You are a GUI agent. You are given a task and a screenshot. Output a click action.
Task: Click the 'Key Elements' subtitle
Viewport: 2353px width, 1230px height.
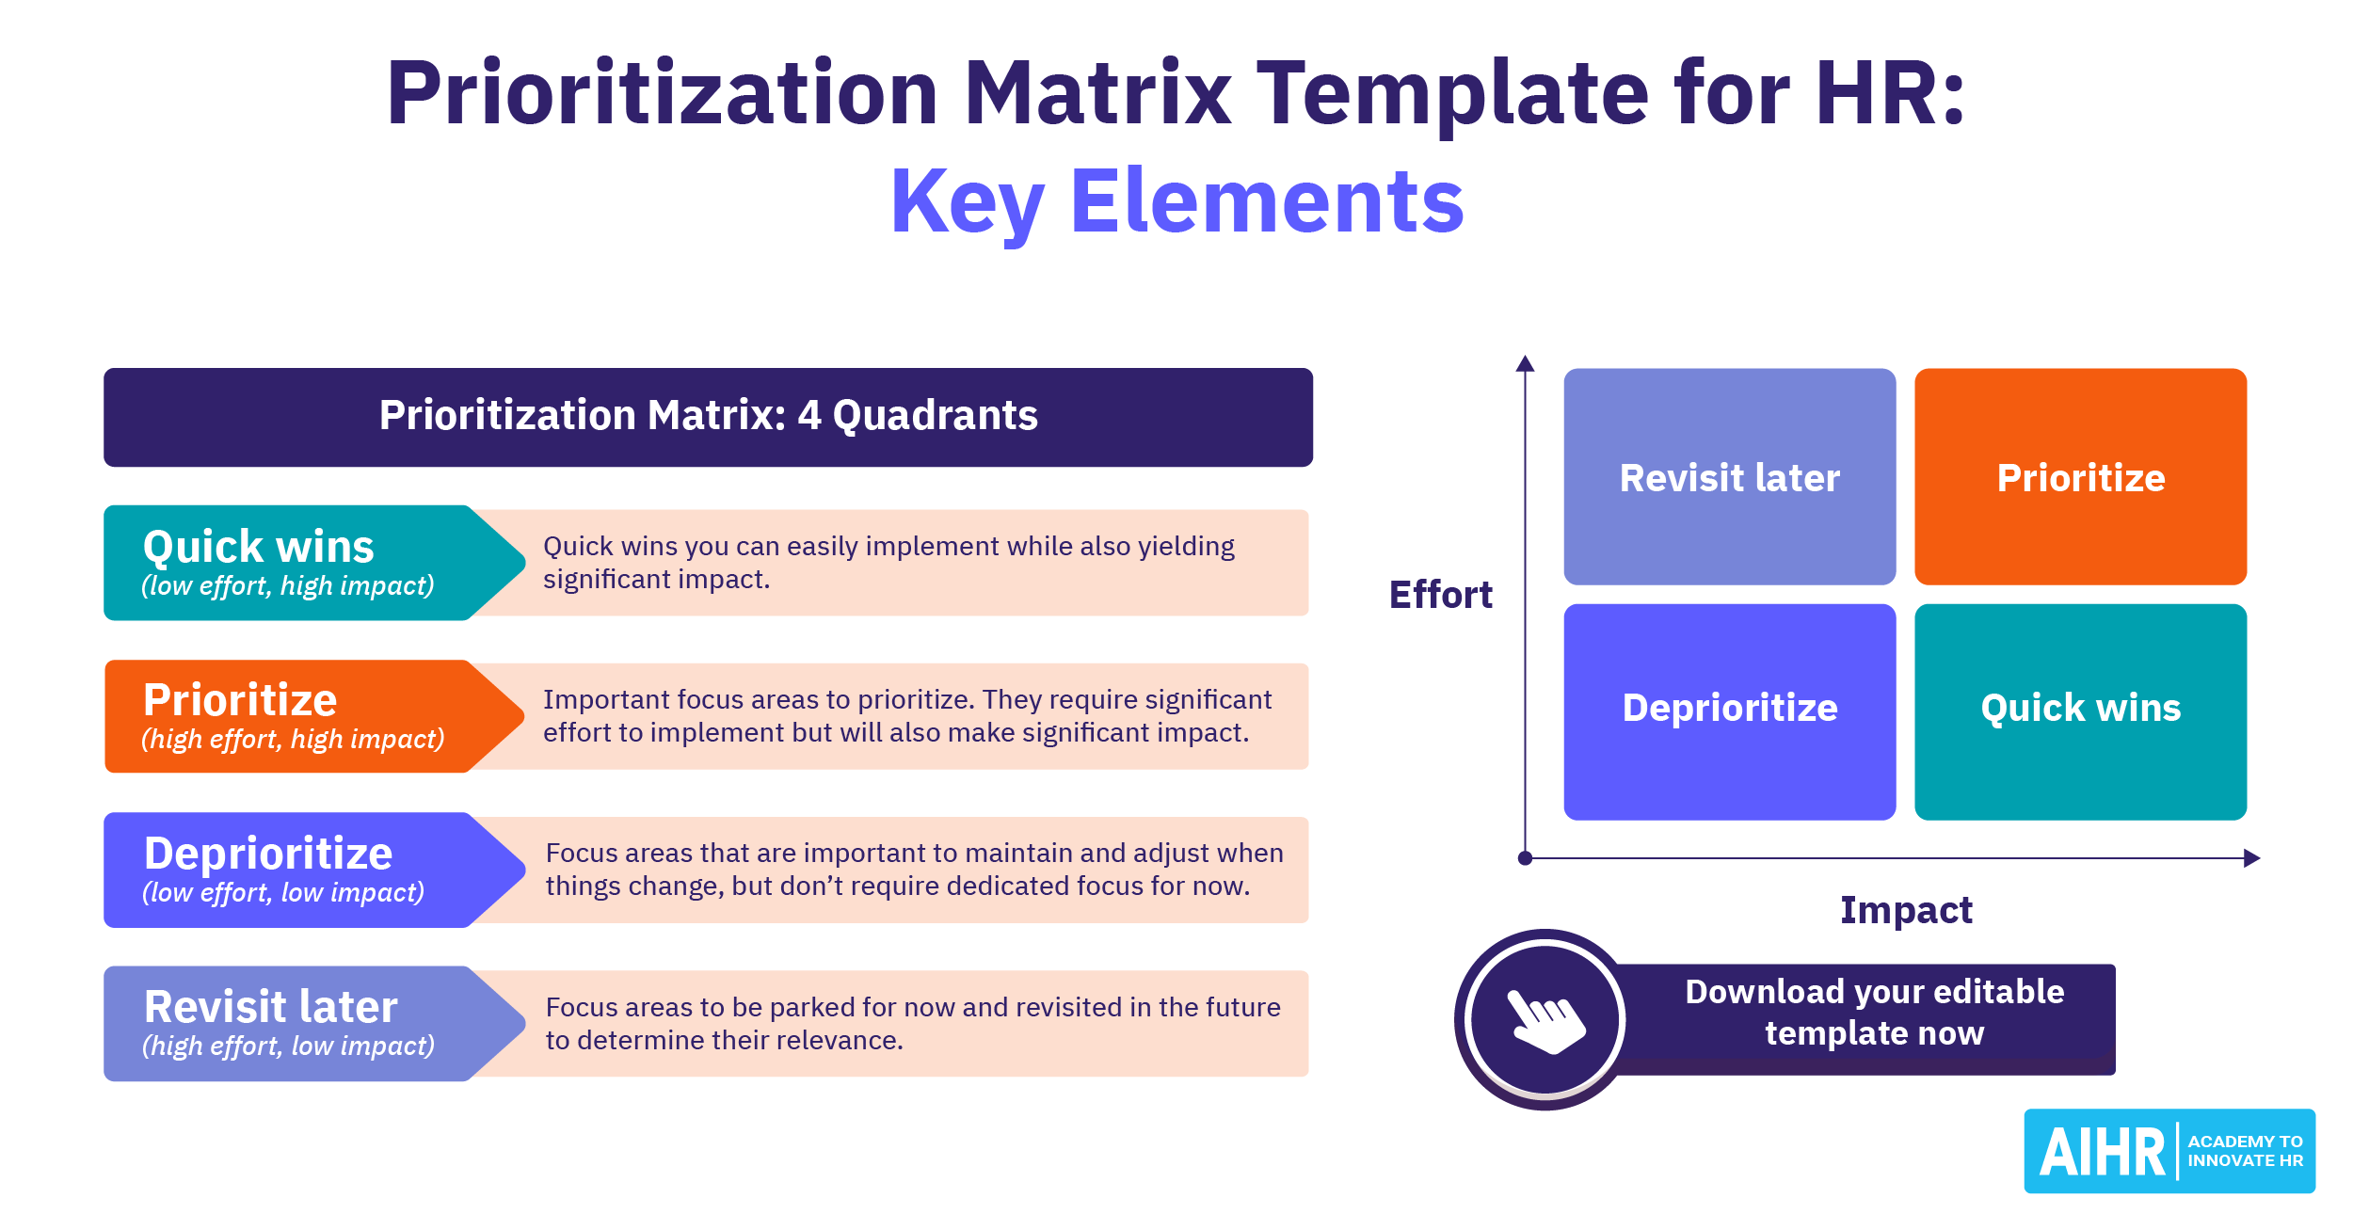pos(1176,201)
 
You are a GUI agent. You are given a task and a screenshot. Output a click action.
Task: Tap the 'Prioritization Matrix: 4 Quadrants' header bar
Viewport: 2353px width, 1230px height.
pos(708,417)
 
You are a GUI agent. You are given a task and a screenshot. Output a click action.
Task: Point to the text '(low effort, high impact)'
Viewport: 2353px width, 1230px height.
pos(288,586)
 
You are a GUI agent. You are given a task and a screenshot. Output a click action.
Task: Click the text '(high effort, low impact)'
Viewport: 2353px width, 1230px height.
pos(288,1046)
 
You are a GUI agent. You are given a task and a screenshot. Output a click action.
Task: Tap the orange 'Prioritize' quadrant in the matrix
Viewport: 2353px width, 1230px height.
pos(2080,476)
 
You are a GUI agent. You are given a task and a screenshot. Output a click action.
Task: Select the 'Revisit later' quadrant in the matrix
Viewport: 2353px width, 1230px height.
pos(1729,476)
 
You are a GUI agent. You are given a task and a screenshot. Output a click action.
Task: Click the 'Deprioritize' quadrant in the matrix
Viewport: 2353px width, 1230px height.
pos(1729,711)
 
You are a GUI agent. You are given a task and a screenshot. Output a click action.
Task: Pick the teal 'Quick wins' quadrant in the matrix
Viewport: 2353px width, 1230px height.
pos(2080,711)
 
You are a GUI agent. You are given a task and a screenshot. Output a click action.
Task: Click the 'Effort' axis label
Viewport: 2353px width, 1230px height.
pos(1440,595)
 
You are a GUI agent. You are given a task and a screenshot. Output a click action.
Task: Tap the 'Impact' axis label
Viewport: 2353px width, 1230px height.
pos(1906,911)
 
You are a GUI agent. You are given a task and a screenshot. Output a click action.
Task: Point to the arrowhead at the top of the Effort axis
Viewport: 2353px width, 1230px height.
pos(1525,363)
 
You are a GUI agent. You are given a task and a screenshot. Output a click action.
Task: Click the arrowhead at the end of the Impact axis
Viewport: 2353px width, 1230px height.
pos(2251,858)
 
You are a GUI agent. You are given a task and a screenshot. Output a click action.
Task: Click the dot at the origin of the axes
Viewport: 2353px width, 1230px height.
pos(1525,858)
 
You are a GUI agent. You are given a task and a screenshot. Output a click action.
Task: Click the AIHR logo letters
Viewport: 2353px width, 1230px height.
pos(2102,1153)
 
